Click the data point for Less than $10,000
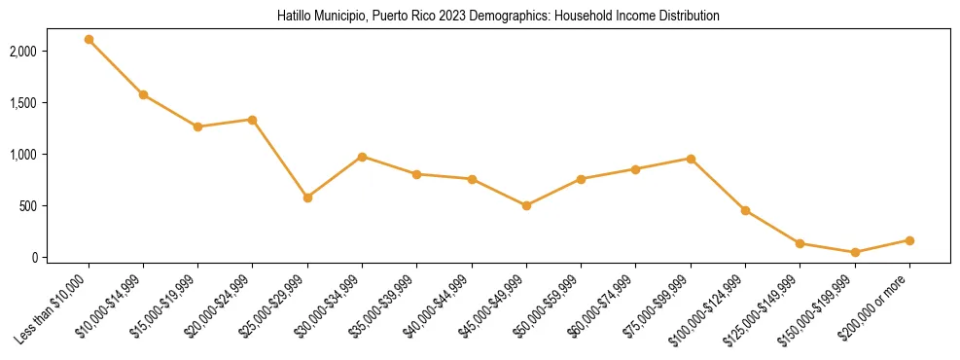point(89,40)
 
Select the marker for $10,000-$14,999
point(143,94)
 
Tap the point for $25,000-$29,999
point(307,198)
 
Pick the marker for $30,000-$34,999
point(362,157)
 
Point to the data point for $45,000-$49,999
point(526,205)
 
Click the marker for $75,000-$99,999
point(691,159)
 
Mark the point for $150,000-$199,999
point(855,252)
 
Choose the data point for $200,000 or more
point(909,240)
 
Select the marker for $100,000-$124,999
point(745,210)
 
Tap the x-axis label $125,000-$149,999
point(766,307)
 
